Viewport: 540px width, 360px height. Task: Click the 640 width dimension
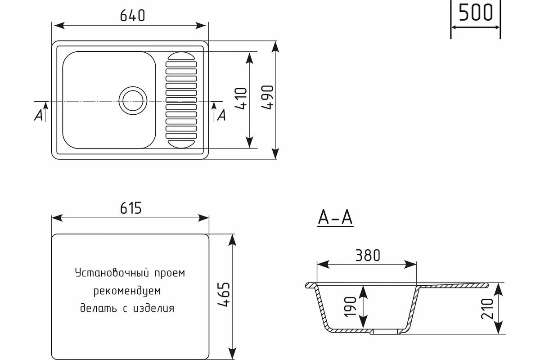(x=132, y=16)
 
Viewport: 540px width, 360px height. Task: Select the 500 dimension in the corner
(x=475, y=13)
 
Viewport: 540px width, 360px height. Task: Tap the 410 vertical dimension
(x=241, y=99)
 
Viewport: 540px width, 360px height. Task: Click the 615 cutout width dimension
(x=131, y=208)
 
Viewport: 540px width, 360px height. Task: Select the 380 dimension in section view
(x=367, y=255)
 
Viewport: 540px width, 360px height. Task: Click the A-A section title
(x=335, y=218)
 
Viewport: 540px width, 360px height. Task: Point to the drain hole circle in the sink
(x=132, y=99)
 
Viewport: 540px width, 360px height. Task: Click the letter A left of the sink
(x=39, y=116)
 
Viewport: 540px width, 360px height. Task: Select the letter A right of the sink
(x=221, y=116)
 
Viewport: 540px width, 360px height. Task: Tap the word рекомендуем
(x=127, y=291)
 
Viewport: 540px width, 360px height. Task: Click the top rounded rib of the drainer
(x=181, y=57)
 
